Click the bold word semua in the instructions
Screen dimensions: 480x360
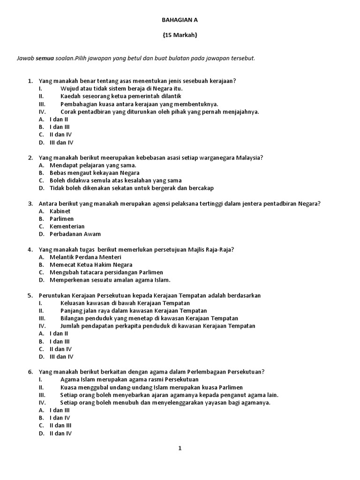(x=42, y=58)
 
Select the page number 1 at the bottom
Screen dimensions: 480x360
(x=180, y=448)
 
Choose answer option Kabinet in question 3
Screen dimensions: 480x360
(x=60, y=211)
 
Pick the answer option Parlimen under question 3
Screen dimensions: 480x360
(x=61, y=219)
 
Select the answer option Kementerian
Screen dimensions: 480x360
(x=67, y=226)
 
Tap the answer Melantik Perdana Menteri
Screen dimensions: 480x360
(x=85, y=257)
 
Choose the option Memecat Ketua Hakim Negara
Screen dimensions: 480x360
(x=91, y=265)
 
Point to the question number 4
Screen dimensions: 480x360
(x=30, y=250)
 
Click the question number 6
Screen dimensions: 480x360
(x=30, y=372)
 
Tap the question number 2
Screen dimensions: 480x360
(x=30, y=158)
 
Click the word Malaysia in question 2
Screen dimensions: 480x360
(x=248, y=158)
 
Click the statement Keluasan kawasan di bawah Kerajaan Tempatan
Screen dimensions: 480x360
(x=122, y=303)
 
